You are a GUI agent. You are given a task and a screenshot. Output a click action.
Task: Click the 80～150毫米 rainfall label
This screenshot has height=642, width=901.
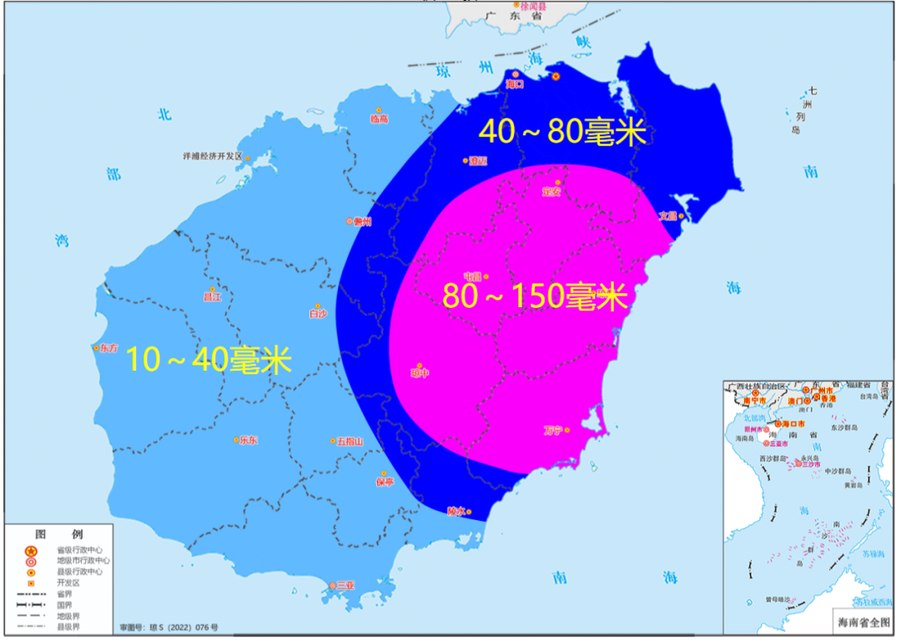pyautogui.click(x=534, y=296)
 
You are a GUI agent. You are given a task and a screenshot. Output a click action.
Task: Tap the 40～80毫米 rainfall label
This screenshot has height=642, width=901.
pyautogui.click(x=563, y=132)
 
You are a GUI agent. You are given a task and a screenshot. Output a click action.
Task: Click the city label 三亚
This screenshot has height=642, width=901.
pyautogui.click(x=345, y=586)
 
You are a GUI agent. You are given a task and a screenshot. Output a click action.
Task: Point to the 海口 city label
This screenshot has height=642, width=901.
pyautogui.click(x=515, y=84)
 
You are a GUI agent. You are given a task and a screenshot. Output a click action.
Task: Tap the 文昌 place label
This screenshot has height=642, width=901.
pyautogui.click(x=667, y=215)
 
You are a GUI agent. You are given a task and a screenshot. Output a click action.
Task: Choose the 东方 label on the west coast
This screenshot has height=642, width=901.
pyautogui.click(x=108, y=348)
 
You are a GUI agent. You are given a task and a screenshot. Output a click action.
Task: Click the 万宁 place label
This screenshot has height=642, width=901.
pyautogui.click(x=552, y=431)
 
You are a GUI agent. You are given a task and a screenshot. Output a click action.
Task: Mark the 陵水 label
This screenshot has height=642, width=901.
pyautogui.click(x=456, y=511)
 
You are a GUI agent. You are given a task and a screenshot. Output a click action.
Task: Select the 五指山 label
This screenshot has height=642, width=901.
pyautogui.click(x=350, y=441)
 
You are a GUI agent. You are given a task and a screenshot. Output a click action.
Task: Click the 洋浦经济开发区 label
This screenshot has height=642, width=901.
pyautogui.click(x=212, y=156)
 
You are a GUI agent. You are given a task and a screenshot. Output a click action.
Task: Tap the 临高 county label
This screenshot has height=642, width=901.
pyautogui.click(x=380, y=119)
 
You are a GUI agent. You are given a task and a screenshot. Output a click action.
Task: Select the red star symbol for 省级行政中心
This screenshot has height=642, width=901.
pyautogui.click(x=30, y=550)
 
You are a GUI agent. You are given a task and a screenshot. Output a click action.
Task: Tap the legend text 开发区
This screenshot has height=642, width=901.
pyautogui.click(x=68, y=583)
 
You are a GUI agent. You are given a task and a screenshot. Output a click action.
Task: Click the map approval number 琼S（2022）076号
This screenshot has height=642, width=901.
pyautogui.click(x=169, y=626)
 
